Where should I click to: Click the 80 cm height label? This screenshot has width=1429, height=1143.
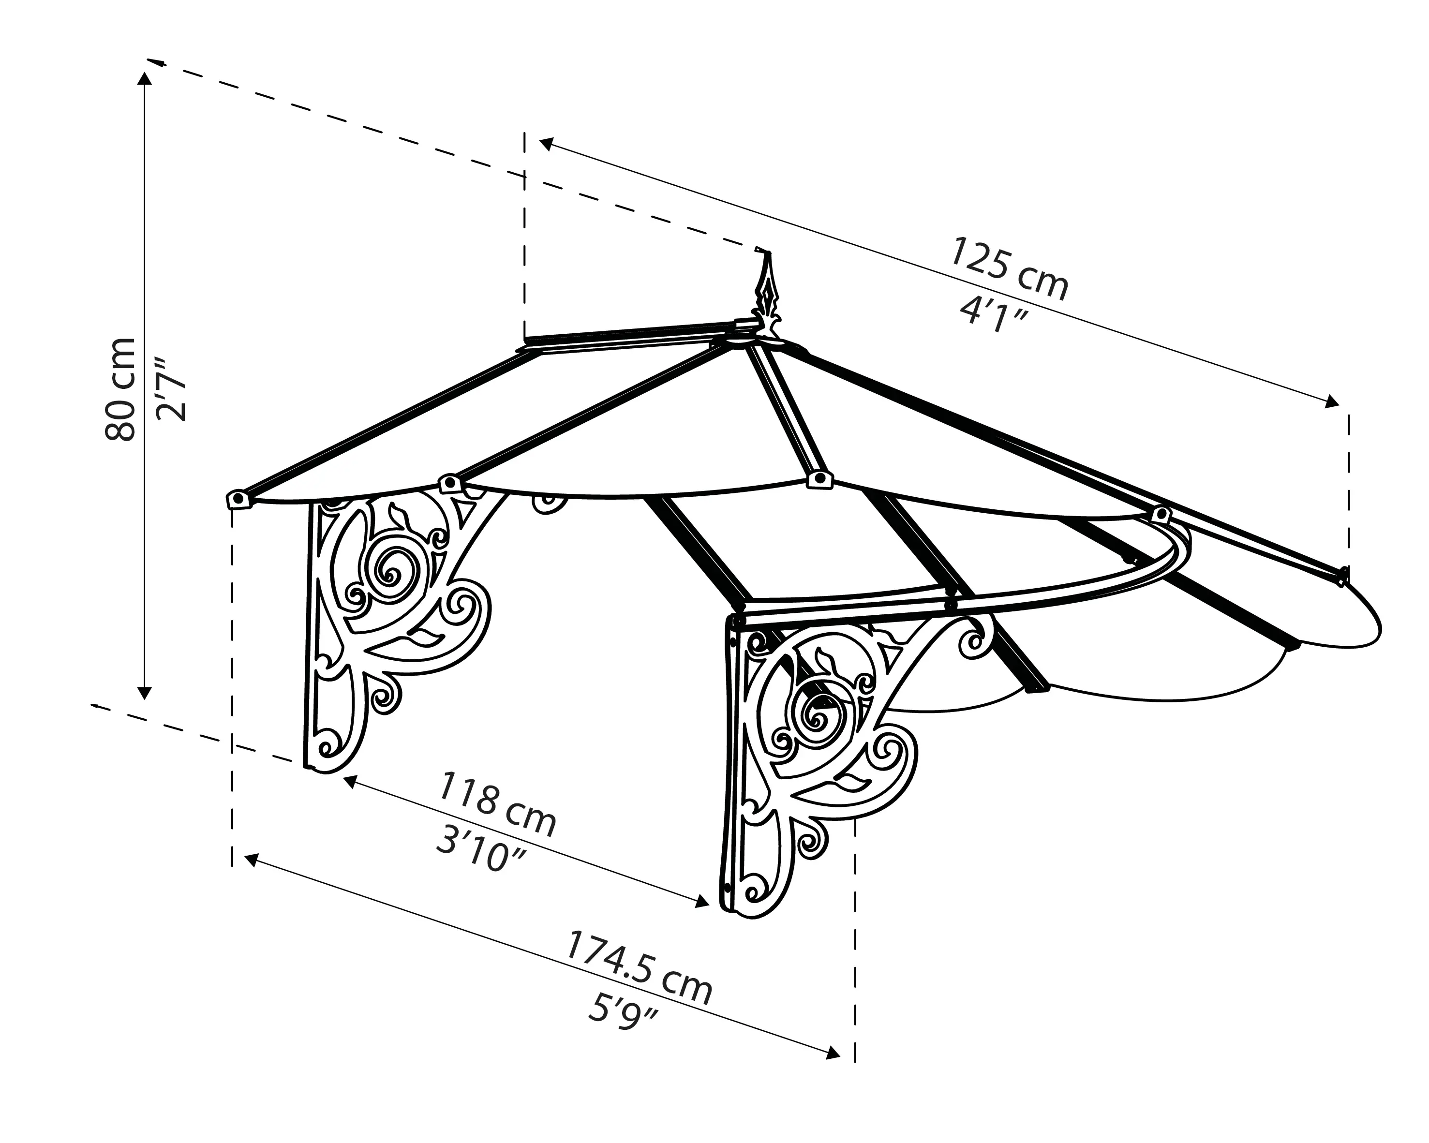point(120,389)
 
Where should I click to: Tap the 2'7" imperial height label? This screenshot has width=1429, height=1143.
point(170,389)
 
